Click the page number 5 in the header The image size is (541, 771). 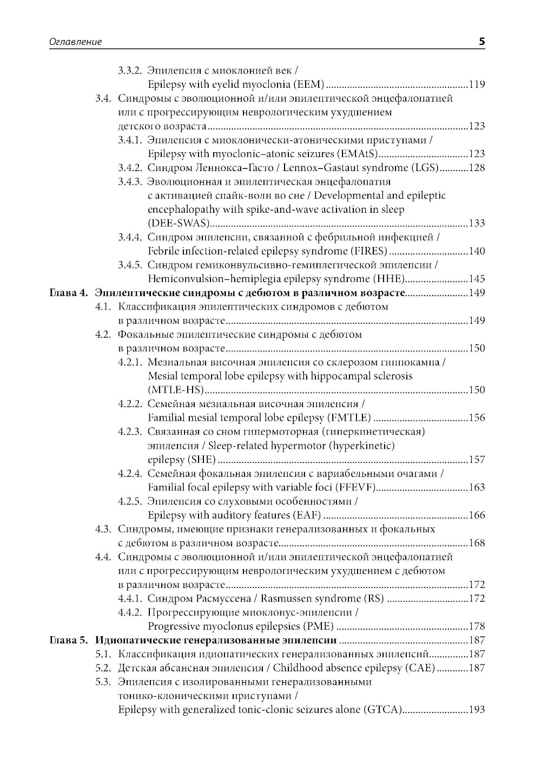[481, 41]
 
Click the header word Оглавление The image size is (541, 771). [68, 42]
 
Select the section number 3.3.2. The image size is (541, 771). [130, 70]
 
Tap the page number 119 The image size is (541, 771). [477, 84]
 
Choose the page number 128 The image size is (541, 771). [477, 168]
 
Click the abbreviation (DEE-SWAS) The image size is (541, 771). [178, 224]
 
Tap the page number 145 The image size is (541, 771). [477, 279]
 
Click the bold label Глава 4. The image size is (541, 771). [68, 293]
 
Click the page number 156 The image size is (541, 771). [477, 418]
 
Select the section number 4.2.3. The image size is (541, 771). [130, 432]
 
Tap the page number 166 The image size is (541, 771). [477, 515]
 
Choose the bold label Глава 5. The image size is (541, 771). [68, 641]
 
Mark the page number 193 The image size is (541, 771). [477, 710]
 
